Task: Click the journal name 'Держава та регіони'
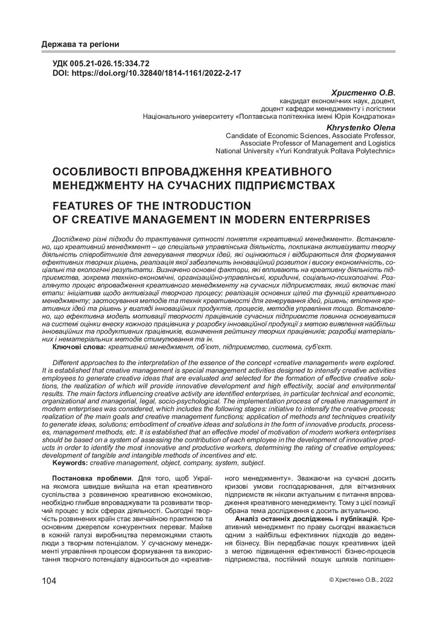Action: tap(80, 45)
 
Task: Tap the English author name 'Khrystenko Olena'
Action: tap(361, 128)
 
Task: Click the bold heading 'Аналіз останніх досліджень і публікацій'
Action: tap(305, 519)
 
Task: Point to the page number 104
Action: tap(49, 581)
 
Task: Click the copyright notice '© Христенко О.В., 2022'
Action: tap(360, 579)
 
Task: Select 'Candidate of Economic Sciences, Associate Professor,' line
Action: tap(310, 136)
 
